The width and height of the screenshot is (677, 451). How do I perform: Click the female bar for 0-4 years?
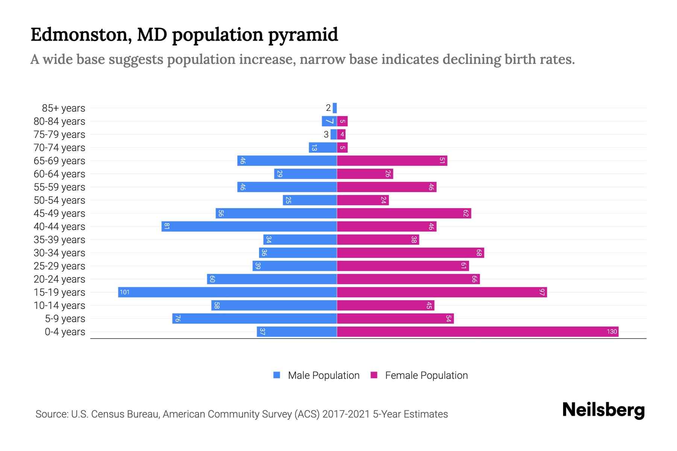[x=478, y=331]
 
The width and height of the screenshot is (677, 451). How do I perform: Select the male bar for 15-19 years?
[x=227, y=292]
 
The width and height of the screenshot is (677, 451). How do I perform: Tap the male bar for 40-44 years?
[x=249, y=226]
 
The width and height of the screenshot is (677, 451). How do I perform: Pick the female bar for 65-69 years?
[x=392, y=160]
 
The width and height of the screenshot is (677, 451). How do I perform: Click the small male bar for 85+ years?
[x=335, y=108]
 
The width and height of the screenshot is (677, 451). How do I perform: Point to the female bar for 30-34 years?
[x=410, y=253]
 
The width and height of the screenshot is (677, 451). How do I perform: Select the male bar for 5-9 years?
[x=254, y=318]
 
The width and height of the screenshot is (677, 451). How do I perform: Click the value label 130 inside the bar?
[x=612, y=331]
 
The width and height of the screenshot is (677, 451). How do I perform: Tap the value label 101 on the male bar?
[x=124, y=292]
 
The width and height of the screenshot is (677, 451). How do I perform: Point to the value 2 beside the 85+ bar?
[x=328, y=108]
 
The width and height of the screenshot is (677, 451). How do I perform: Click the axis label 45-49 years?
[x=59, y=213]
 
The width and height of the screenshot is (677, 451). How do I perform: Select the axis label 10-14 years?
[x=59, y=305]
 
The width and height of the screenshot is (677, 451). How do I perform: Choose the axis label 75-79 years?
[x=59, y=134]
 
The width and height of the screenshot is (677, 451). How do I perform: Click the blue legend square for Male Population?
[x=277, y=375]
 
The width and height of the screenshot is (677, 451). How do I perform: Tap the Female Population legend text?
[x=426, y=375]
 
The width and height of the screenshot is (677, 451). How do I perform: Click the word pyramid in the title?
[x=303, y=35]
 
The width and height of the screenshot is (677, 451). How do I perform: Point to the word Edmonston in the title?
[x=80, y=34]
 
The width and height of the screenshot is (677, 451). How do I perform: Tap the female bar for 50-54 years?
[x=363, y=200]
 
